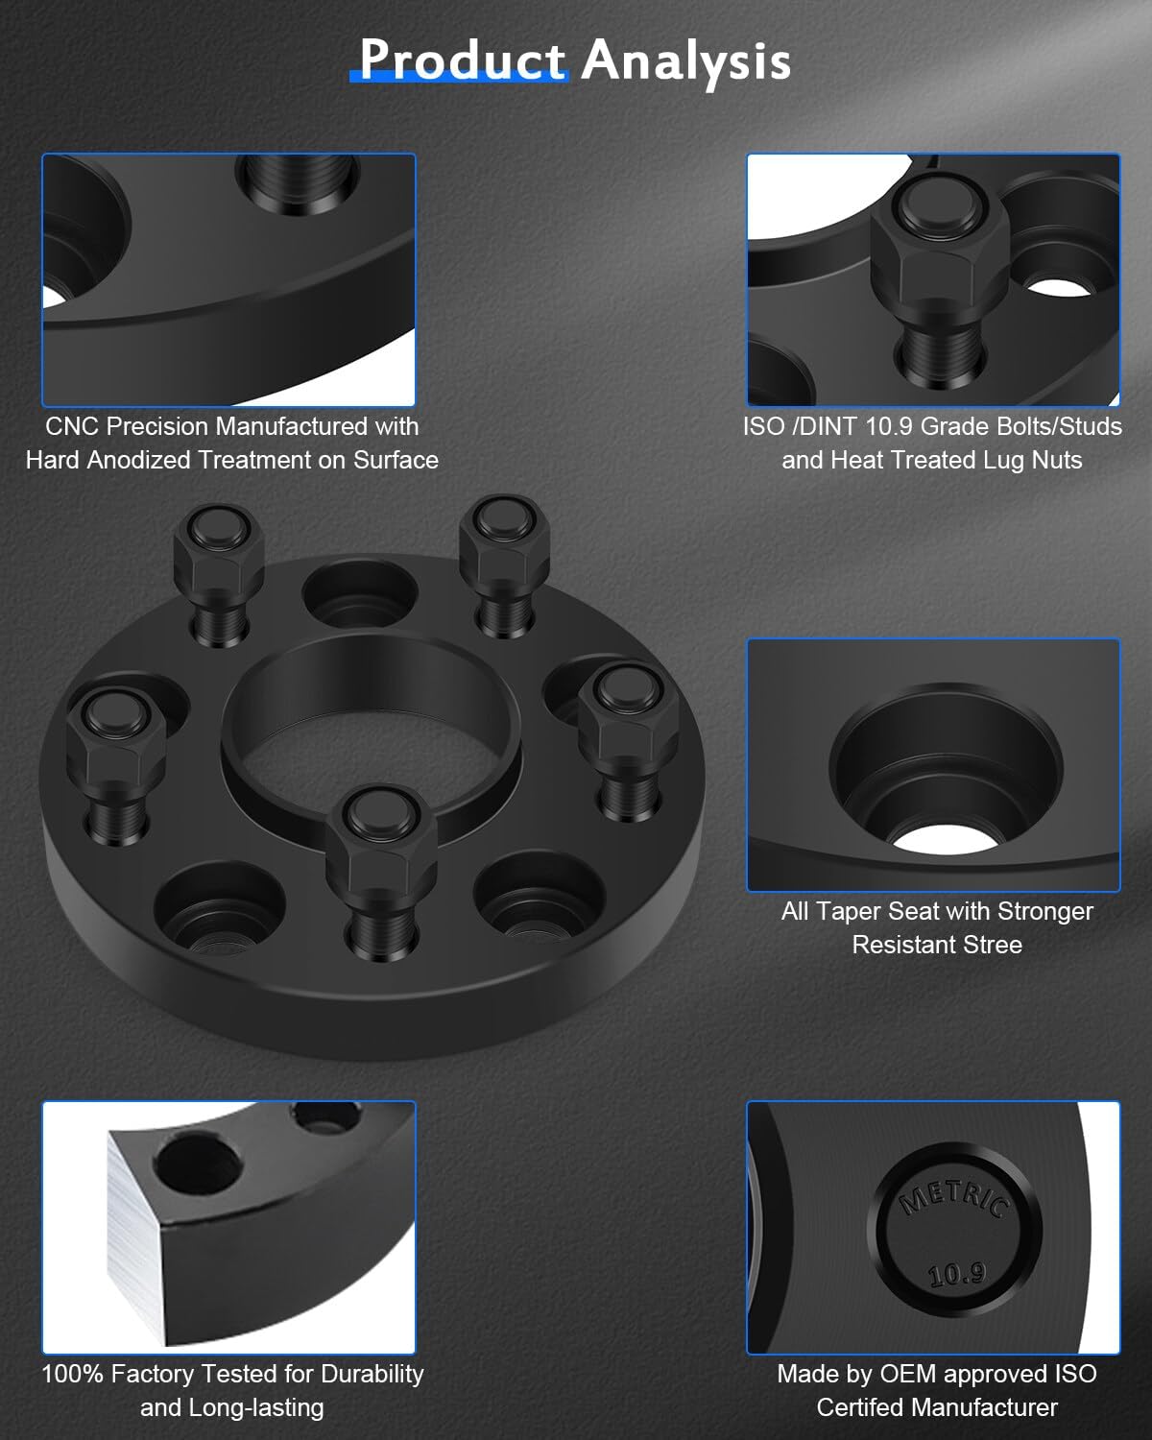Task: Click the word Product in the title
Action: pos(462,60)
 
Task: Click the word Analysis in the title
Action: pos(685,60)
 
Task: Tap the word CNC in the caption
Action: pos(72,425)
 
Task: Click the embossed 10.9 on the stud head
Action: pos(956,1274)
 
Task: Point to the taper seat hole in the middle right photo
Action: pos(945,778)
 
